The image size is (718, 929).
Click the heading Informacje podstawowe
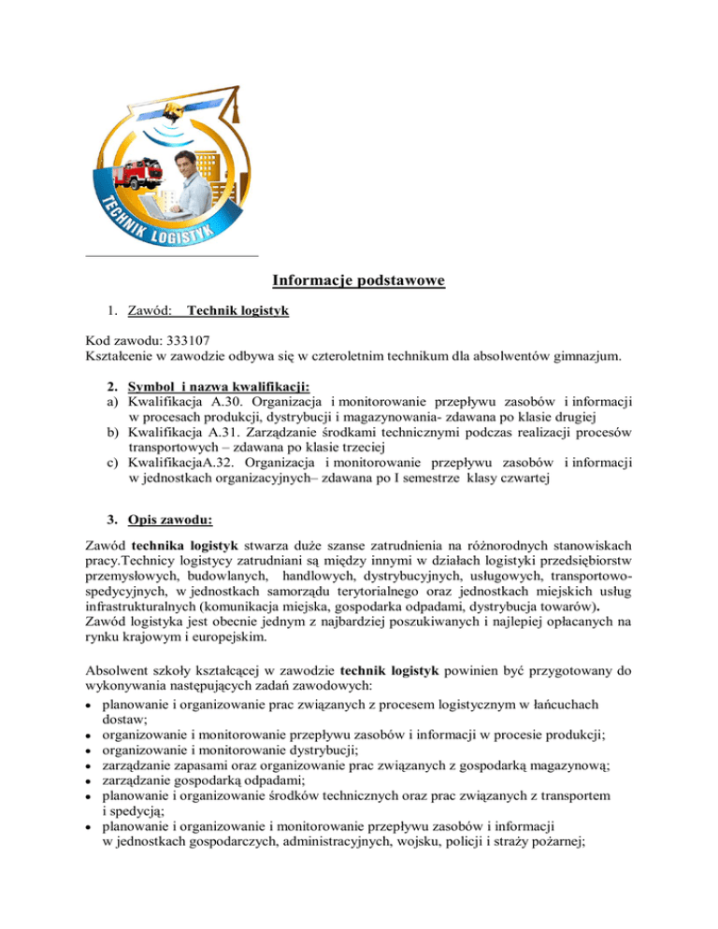click(x=358, y=280)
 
